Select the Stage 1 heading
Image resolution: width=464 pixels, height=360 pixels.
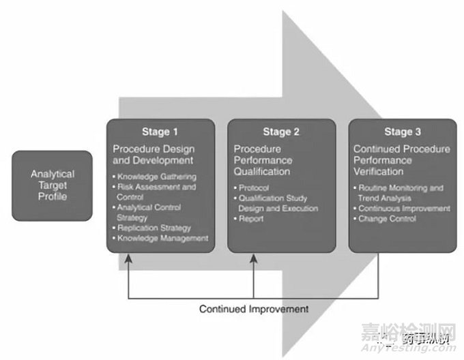pos(160,132)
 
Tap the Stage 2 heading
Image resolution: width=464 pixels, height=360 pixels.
pos(280,132)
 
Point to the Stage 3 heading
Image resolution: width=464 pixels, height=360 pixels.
pos(403,132)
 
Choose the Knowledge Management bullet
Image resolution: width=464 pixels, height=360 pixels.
pos(162,238)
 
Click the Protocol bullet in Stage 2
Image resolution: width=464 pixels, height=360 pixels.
pos(256,187)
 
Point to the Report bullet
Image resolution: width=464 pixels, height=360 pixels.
pos(252,219)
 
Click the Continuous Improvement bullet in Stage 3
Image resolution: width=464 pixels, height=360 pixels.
pos(405,208)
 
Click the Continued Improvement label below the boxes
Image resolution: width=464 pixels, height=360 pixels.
pos(253,309)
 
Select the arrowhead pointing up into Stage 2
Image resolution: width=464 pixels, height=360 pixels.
pos(253,257)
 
